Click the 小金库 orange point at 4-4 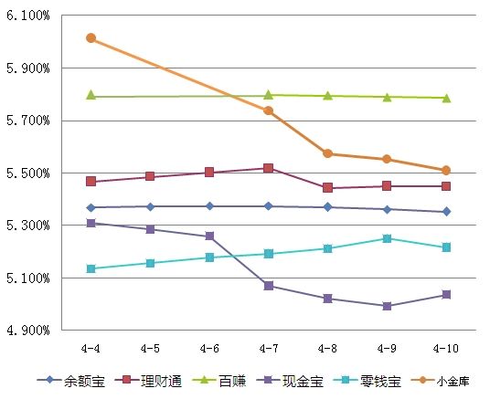(x=91, y=38)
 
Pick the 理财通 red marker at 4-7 (x=269, y=168)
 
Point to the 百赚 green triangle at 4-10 (x=446, y=98)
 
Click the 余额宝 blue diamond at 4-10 (x=446, y=212)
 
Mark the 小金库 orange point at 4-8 (x=327, y=153)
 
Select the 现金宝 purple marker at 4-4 (x=91, y=223)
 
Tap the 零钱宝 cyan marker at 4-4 (x=91, y=268)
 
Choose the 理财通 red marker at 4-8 (x=327, y=188)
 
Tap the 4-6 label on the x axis (x=209, y=348)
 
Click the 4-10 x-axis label (x=446, y=348)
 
